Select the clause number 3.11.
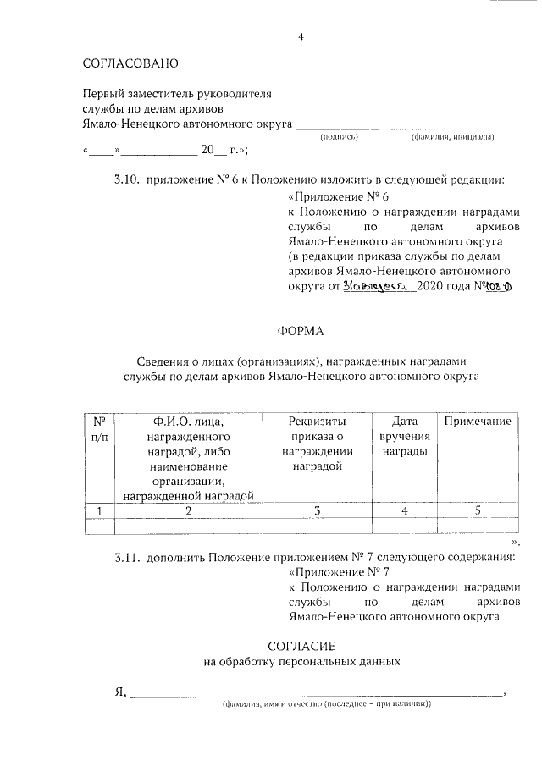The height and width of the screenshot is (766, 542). coord(128,558)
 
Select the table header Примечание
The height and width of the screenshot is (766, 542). coord(477,422)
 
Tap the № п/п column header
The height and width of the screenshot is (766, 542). coord(98,428)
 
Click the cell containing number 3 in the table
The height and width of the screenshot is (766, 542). coord(317,510)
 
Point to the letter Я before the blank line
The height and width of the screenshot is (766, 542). coord(119,692)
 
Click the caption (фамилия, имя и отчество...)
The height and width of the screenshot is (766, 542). coord(326,704)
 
